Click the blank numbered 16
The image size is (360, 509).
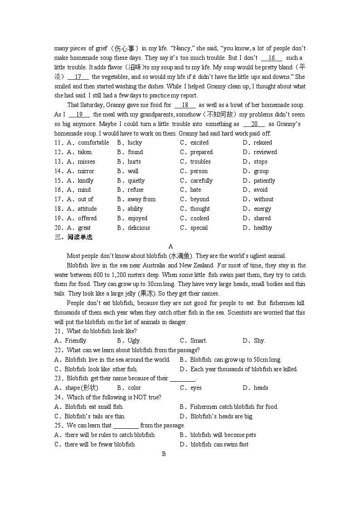[x=272, y=58]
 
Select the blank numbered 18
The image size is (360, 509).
[x=185, y=105]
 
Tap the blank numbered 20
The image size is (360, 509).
[x=254, y=124]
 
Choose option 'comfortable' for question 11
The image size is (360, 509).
[x=93, y=143]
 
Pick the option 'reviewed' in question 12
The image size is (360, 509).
[x=265, y=152]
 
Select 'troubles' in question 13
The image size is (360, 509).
[x=200, y=162]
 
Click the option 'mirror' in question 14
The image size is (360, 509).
[x=86, y=171]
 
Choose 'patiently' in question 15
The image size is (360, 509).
[x=264, y=181]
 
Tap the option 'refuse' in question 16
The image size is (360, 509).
[x=136, y=190]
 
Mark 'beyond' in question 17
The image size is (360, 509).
[x=199, y=199]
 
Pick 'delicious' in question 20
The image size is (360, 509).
[x=139, y=228]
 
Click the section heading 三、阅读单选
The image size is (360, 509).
[x=73, y=237]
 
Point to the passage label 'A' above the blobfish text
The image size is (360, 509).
[x=171, y=247]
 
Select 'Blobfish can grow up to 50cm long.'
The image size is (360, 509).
[x=235, y=360]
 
